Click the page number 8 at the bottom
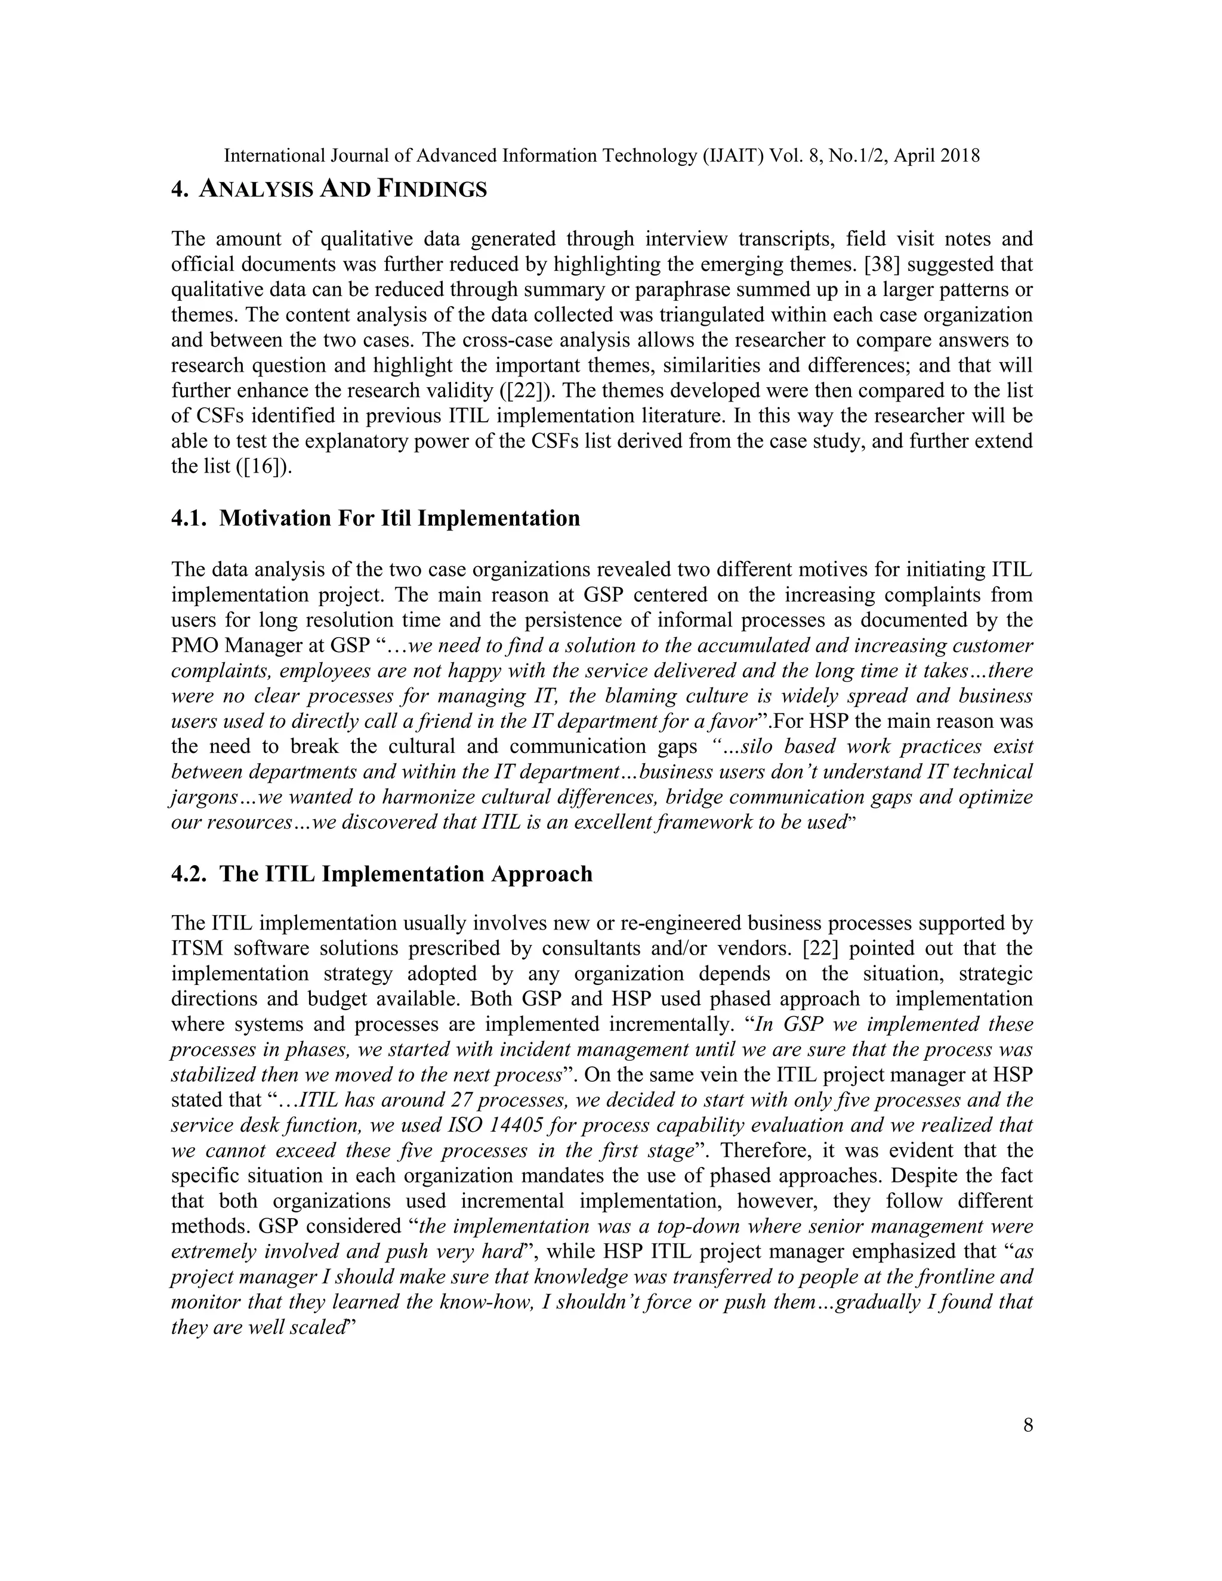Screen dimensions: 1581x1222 (x=1028, y=1425)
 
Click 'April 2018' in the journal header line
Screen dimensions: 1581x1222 (x=937, y=156)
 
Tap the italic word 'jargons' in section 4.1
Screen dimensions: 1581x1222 (x=205, y=798)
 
